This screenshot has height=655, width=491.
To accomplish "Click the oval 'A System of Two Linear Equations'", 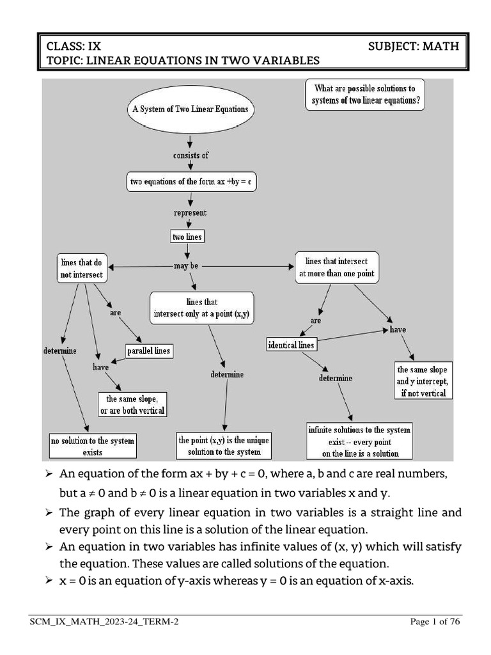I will tap(190, 109).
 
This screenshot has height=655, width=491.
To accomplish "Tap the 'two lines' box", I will tap(187, 237).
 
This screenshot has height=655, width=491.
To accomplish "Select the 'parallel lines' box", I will tap(148, 351).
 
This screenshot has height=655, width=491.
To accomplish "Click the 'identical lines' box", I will tap(291, 345).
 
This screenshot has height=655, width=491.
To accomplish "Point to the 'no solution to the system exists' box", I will tap(93, 446).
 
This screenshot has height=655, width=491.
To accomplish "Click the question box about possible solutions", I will tap(364, 94).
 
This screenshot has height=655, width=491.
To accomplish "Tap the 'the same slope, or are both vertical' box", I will tap(132, 404).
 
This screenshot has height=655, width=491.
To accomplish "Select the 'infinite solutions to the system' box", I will tap(360, 441).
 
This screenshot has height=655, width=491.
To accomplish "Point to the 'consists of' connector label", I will tap(191, 155).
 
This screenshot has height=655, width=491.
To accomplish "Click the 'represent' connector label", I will tap(190, 212).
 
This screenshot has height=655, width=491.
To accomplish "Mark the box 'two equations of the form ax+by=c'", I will tap(191, 182).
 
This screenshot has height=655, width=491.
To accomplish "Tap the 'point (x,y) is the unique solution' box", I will tap(224, 446).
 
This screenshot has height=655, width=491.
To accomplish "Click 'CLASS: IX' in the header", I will tap(74, 46).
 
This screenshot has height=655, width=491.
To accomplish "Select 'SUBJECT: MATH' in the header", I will tap(413, 46).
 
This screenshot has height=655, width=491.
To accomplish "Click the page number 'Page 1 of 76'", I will tap(434, 621).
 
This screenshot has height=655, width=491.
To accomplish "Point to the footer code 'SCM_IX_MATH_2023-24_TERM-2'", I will tap(104, 621).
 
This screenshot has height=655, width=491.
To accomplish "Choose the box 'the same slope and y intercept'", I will tap(422, 381).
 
